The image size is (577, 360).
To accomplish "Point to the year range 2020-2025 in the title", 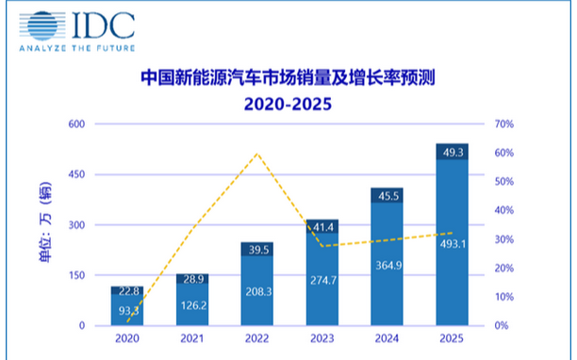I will click(288, 103).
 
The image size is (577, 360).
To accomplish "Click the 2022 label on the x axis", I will click(257, 338).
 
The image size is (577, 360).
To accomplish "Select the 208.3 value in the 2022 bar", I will click(257, 293).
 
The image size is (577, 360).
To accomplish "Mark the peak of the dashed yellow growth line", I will click(256, 153).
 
